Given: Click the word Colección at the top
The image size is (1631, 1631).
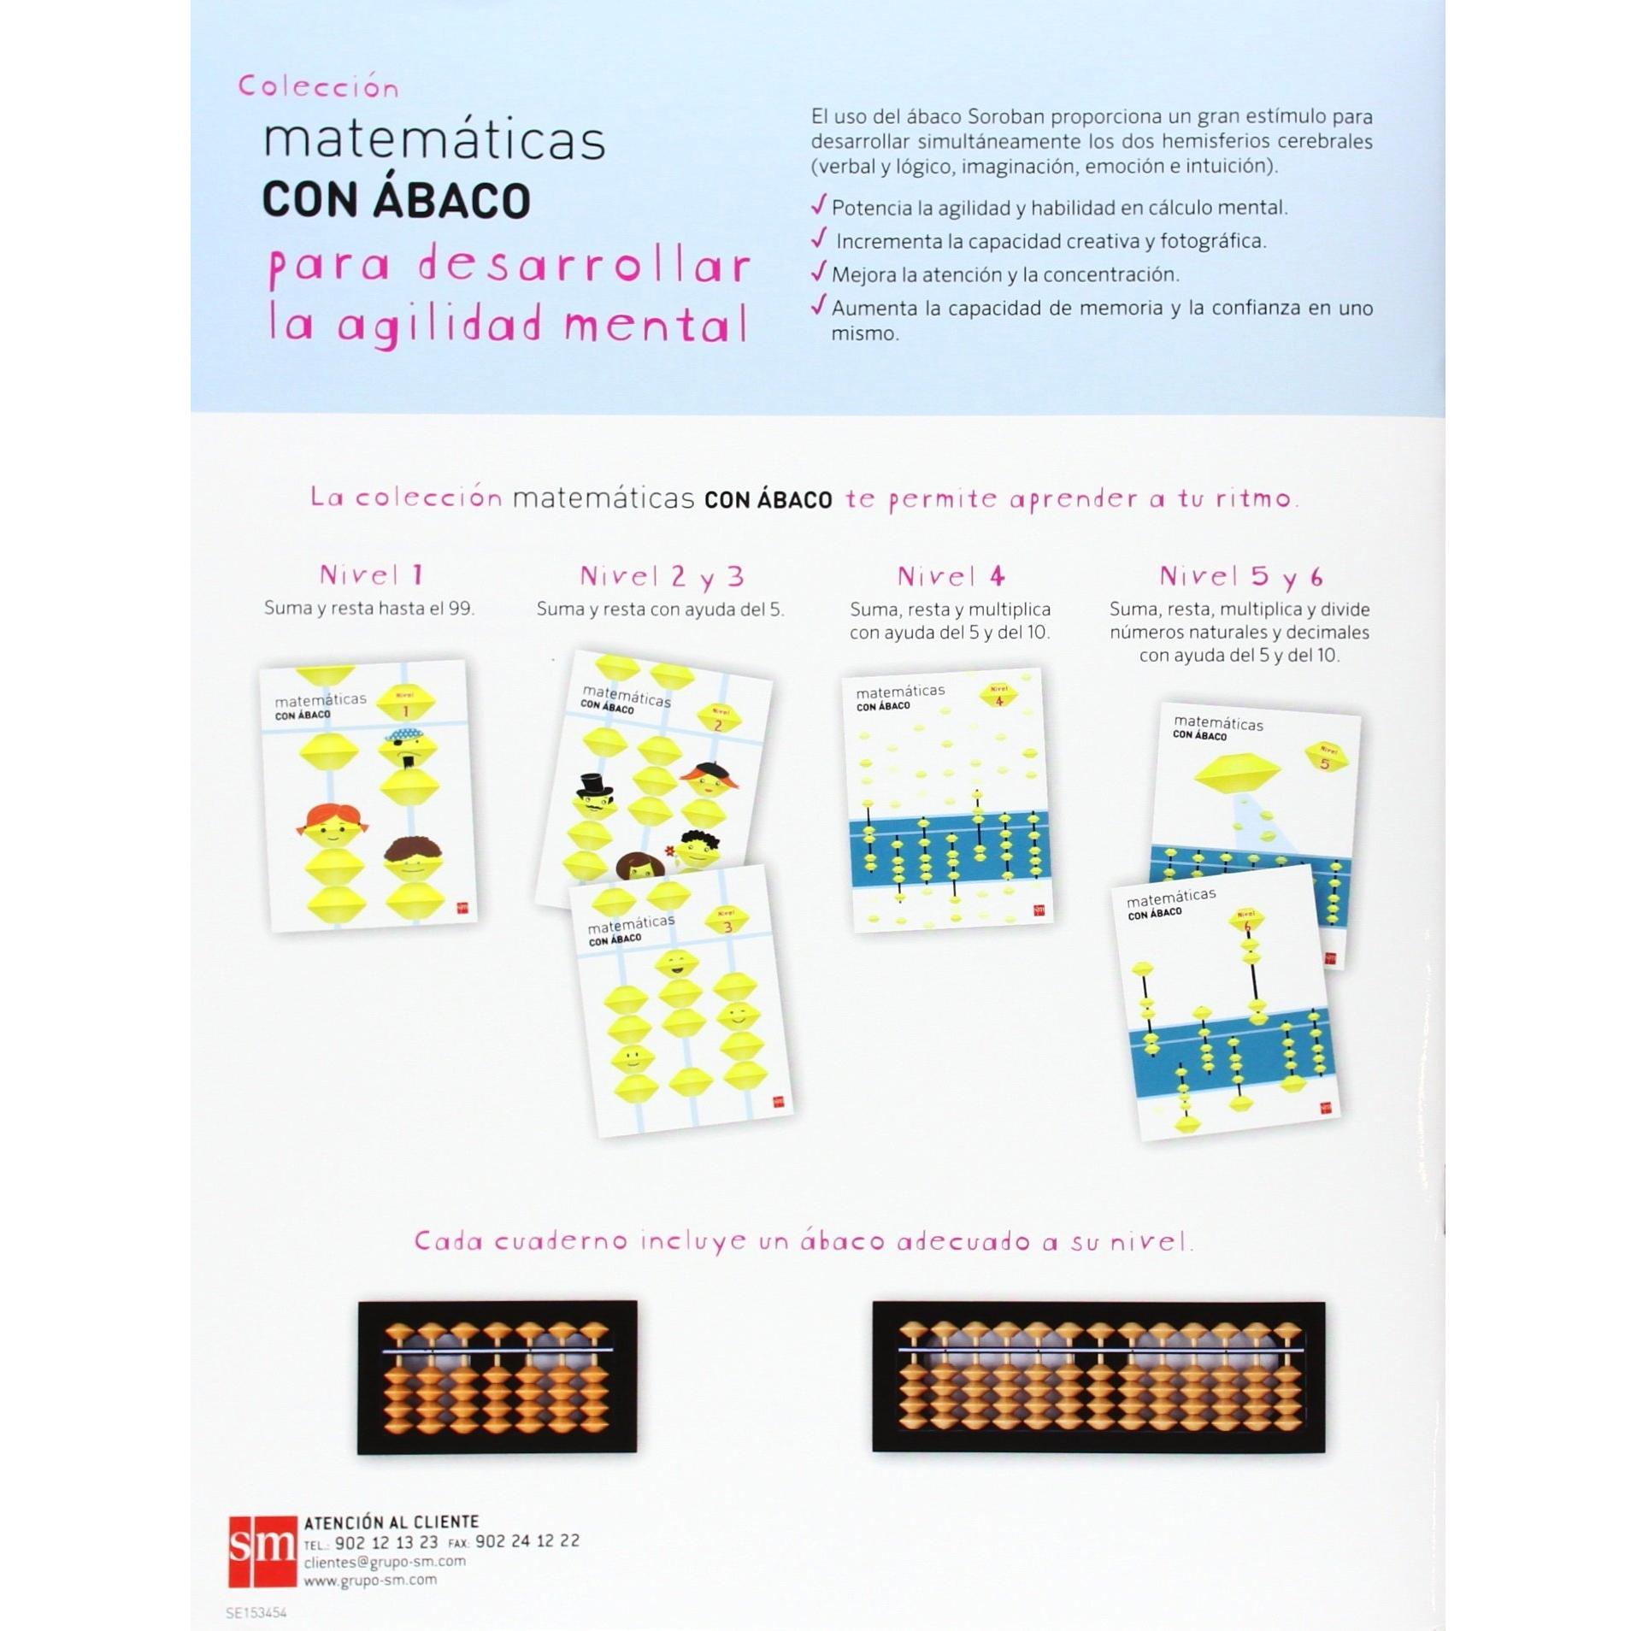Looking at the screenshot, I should point(318,87).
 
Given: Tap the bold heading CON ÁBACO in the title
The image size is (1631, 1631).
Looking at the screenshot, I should point(396,201).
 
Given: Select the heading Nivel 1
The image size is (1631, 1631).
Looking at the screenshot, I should point(371,575).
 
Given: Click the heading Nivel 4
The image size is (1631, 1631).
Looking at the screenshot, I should point(950,577).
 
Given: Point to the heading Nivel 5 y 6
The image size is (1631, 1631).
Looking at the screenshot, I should point(1240,577).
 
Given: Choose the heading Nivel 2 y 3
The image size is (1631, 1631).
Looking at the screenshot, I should point(661,577).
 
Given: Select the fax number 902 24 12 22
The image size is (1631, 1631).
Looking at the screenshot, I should point(527,1541).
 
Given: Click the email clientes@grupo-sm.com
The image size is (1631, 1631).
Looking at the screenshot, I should point(385,1561).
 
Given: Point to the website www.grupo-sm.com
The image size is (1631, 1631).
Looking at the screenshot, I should point(370,1580).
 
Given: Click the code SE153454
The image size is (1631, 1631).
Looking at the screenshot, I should point(256,1613).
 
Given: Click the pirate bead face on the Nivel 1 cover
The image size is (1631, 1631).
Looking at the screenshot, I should point(407,748).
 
